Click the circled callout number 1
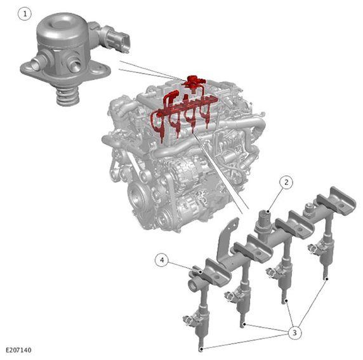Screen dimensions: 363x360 25,14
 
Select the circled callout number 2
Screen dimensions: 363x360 286,182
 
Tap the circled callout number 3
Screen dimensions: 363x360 294,333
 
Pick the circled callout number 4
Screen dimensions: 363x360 162,260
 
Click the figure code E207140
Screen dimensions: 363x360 18,350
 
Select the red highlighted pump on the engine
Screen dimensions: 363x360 193,83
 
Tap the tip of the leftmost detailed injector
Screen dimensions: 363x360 201,349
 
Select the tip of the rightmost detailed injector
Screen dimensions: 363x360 326,277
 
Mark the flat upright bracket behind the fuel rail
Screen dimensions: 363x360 227,237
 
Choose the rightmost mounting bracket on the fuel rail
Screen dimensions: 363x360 336,201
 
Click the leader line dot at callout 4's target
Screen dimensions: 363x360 199,271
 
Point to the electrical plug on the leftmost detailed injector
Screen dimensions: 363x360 188,320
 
